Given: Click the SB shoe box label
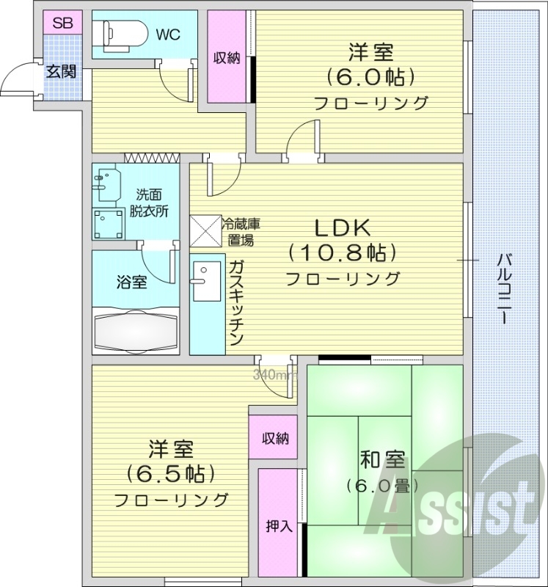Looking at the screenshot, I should point(62,22).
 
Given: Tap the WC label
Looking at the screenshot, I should point(168,34).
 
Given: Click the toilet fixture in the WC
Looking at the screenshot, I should point(117,33).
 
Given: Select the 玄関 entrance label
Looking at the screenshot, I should point(61,71).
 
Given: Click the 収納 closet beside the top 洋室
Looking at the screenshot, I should point(227,59).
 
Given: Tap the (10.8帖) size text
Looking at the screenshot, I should point(342,253).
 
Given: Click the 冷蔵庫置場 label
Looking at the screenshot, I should point(241,230).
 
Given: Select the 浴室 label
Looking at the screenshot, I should point(132,282).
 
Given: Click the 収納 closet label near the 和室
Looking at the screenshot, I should point(275,439).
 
